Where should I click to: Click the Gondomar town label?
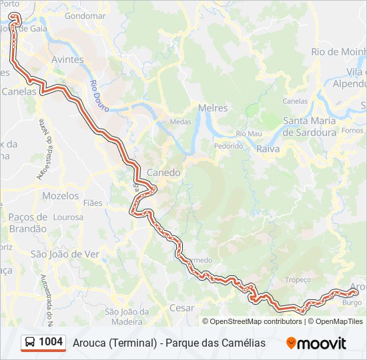[x=86, y=15]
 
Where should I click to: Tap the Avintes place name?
[x=67, y=59]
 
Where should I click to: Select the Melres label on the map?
[x=213, y=107]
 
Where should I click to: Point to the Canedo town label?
[x=163, y=172]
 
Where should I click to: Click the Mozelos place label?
[x=60, y=196]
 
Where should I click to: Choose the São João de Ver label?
[x=65, y=253]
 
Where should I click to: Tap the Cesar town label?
[x=182, y=308]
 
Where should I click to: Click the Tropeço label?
[x=298, y=280]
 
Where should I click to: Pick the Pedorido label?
[x=228, y=145]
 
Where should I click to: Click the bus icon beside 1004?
[x=30, y=343]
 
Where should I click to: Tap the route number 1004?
[x=51, y=342]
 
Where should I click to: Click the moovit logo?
[x=316, y=343]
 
